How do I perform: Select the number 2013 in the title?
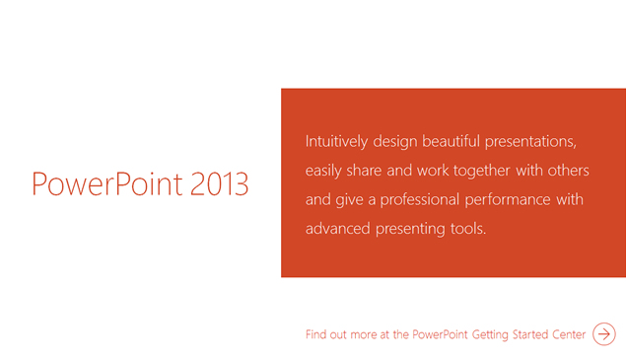click(221, 184)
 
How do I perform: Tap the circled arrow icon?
click(604, 334)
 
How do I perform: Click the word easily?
click(323, 171)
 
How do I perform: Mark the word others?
click(569, 171)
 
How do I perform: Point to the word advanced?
click(337, 230)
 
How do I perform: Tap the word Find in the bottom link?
click(317, 335)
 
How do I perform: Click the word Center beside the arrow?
click(570, 335)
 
